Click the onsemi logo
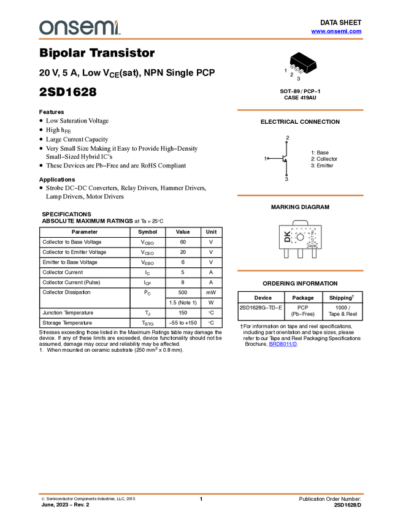(x=80, y=28)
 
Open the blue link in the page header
(x=336, y=31)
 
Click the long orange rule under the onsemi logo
(x=201, y=39)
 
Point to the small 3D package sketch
(x=301, y=66)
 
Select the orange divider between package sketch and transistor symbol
(x=300, y=110)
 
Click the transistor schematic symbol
(x=283, y=159)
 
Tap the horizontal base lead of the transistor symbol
(x=275, y=159)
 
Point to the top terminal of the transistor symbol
(x=287, y=142)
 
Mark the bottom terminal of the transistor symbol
(x=287, y=175)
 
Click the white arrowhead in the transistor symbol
(x=286, y=159)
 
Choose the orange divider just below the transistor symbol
(x=300, y=196)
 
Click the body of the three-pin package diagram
(x=300, y=235)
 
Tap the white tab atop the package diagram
(x=300, y=221)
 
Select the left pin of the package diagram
(x=286, y=253)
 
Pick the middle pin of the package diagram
(x=301, y=253)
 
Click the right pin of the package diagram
(x=315, y=253)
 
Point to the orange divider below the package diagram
(x=300, y=270)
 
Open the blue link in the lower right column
(x=283, y=344)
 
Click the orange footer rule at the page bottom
(x=201, y=493)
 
